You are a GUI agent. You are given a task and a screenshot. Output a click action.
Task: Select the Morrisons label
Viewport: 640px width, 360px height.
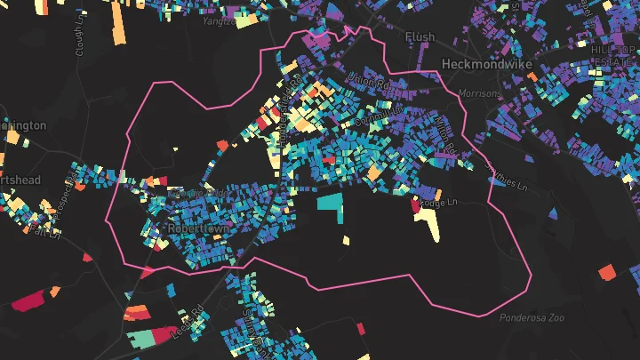[480, 92]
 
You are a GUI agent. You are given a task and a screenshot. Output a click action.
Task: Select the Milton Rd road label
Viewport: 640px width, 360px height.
[447, 133]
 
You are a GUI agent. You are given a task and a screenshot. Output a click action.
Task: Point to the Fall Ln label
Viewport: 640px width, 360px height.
[42, 229]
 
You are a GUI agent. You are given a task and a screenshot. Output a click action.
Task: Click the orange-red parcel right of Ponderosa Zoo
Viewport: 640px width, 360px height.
[607, 272]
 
